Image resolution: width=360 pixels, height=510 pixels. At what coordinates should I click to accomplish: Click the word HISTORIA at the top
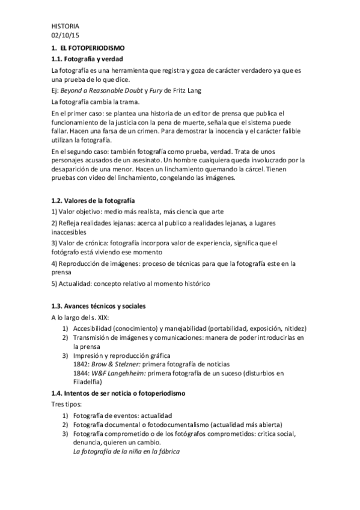coord(65,26)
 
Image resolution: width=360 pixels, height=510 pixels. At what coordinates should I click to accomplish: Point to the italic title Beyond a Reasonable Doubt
coord(101,91)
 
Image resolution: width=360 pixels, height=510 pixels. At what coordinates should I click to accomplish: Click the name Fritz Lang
coord(185,91)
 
